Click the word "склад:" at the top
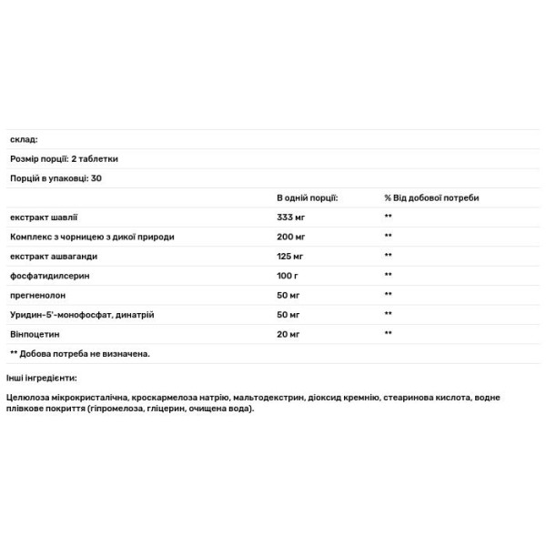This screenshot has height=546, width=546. pos(24,139)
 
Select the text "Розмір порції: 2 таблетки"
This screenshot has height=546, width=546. pos(64,158)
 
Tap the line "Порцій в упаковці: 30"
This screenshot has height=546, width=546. pos(56,177)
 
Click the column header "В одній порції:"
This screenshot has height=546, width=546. pos(308,197)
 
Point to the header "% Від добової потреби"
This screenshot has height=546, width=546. pos(431,197)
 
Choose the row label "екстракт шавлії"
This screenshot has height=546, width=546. pos(45,217)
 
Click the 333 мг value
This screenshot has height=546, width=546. pos(290,217)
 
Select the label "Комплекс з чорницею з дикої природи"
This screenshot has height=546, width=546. pos(92,236)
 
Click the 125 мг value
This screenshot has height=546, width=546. pos(290,256)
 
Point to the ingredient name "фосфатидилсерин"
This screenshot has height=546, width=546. pos(51,275)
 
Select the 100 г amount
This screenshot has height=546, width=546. pos(288,275)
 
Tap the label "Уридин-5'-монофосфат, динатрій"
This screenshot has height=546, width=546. pos(82,314)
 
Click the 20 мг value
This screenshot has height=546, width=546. pos(288,334)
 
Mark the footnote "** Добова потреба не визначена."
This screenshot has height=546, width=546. pos(79,353)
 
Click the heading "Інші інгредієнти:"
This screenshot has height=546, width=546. pos(42,378)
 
